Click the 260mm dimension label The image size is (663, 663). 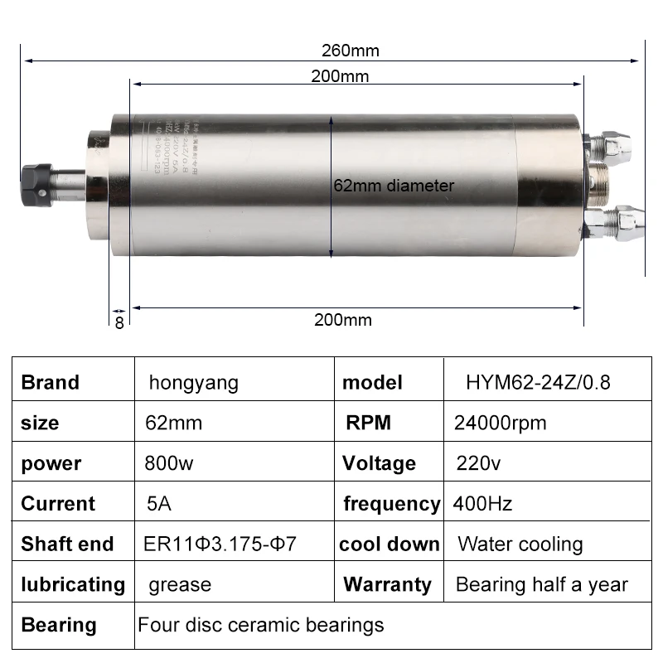(350, 51)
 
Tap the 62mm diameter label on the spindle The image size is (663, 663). (393, 186)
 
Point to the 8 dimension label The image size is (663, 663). (119, 322)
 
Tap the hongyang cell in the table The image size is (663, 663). (193, 383)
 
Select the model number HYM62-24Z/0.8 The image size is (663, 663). (539, 383)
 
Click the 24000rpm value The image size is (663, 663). (500, 423)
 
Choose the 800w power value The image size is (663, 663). (169, 463)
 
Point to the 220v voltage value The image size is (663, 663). (478, 463)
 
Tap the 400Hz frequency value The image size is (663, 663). (482, 503)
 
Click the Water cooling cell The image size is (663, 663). (520, 544)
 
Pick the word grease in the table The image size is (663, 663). (180, 584)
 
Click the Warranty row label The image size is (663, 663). (387, 584)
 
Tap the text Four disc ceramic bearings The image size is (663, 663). (260, 624)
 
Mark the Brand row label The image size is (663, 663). (50, 383)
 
